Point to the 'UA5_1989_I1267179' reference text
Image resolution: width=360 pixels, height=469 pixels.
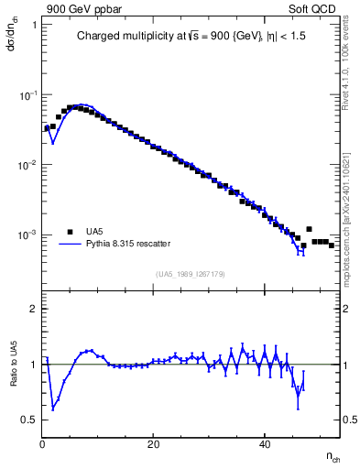pyautogui.click(x=190, y=274)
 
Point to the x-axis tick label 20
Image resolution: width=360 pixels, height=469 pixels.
pyautogui.click(x=154, y=445)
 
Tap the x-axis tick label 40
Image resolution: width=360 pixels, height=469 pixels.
pyautogui.click(x=265, y=445)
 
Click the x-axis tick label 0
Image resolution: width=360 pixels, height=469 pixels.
pyautogui.click(x=43, y=445)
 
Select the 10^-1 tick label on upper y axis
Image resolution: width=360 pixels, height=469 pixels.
pyautogui.click(x=27, y=96)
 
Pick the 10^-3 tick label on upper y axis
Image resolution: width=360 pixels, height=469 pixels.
pyautogui.click(x=27, y=235)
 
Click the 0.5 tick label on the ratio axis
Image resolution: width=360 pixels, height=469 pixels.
pyautogui.click(x=29, y=420)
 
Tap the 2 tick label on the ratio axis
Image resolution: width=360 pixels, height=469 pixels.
pyautogui.click(x=33, y=309)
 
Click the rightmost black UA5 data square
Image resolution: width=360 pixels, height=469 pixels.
pyautogui.click(x=331, y=245)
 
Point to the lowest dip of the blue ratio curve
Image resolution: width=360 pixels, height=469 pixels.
pyautogui.click(x=54, y=408)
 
